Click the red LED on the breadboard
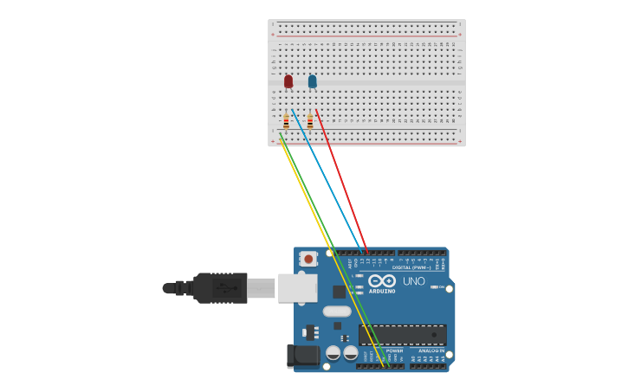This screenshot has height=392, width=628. click(x=288, y=81)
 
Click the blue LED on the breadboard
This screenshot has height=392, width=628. click(x=312, y=81)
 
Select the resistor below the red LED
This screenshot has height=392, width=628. click(x=286, y=121)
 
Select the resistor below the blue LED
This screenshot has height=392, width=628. click(x=310, y=121)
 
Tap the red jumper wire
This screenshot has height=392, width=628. click(x=342, y=182)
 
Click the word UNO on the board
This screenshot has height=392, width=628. click(x=414, y=281)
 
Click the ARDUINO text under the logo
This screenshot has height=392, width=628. click(x=382, y=292)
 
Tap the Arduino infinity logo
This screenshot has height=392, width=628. click(x=382, y=281)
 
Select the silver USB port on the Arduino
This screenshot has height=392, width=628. click(x=297, y=287)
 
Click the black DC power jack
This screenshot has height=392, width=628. click(x=303, y=355)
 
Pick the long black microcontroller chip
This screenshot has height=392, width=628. click(x=403, y=335)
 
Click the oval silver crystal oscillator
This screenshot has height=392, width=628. click(x=337, y=312)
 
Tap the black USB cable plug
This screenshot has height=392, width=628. click(x=220, y=287)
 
